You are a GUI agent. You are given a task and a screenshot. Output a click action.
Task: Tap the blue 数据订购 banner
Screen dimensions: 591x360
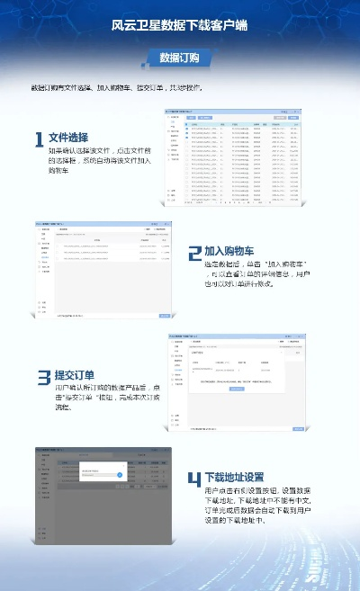[179, 58]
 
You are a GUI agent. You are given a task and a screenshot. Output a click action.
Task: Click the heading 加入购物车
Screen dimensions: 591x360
[229, 251]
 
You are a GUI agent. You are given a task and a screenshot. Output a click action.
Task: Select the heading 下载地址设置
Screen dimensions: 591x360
[234, 476]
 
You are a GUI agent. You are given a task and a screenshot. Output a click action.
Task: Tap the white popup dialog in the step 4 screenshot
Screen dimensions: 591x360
[102, 473]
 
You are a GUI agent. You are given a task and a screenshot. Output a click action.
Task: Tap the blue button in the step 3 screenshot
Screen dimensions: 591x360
[235, 389]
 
